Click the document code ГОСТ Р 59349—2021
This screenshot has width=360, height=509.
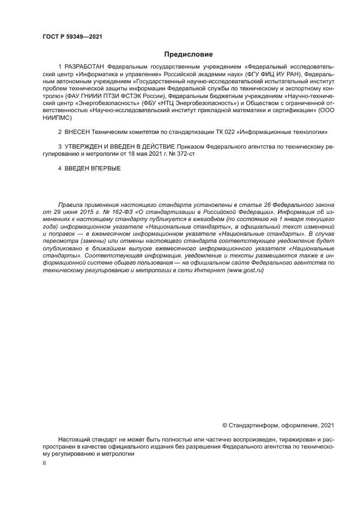(x=72, y=37)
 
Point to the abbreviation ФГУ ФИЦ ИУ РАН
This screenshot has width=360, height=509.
(x=273, y=73)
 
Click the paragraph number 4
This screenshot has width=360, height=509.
(x=60, y=169)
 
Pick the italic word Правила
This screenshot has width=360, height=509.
(x=70, y=204)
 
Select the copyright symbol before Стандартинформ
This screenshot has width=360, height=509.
(x=225, y=425)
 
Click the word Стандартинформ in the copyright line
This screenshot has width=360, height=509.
(x=252, y=425)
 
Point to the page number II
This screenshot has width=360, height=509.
(x=44, y=463)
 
